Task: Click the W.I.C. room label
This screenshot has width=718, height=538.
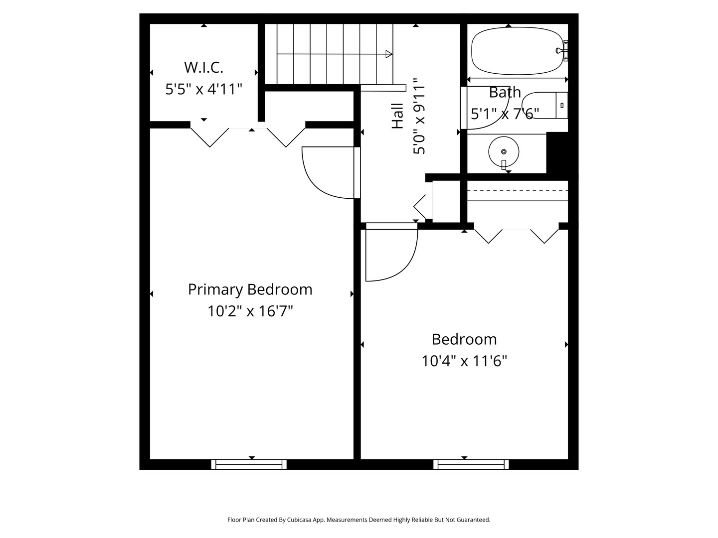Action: coord(203,67)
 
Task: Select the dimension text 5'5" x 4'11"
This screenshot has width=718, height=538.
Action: coord(203,89)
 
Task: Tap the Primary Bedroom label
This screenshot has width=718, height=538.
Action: coord(250,289)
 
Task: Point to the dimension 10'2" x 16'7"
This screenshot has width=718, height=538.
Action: coord(250,311)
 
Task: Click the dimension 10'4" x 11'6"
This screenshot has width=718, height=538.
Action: coord(464,361)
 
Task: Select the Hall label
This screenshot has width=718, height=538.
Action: coord(397,116)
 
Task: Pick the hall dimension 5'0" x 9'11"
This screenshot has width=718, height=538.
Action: coord(419,116)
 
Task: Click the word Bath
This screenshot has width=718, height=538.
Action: coord(505,93)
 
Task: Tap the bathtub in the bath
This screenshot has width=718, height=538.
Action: coord(516,51)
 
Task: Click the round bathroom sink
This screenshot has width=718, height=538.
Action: coord(504,151)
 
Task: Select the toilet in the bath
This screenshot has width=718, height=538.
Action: coord(546,105)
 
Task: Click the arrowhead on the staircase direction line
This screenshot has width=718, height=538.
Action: coord(389,54)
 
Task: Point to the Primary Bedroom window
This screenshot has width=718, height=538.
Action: coord(249,464)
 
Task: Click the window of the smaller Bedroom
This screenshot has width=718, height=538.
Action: coord(471,464)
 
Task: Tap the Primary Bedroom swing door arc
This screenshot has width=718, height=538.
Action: coord(324,174)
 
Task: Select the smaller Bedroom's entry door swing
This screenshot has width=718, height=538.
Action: coord(394,254)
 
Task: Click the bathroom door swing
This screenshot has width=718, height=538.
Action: coord(486,112)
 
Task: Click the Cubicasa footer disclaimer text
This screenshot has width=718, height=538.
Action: coord(359,520)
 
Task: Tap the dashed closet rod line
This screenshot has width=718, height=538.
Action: coord(517,190)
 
